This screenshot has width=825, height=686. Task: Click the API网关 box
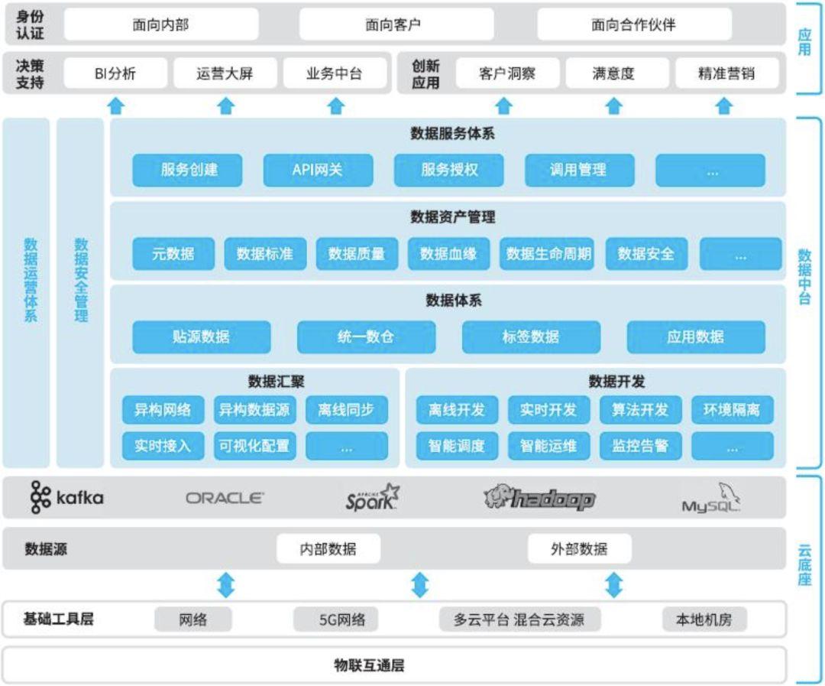click(318, 171)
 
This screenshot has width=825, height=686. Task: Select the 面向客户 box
click(396, 24)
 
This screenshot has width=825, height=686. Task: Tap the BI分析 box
click(115, 73)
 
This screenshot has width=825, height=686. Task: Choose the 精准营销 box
click(726, 73)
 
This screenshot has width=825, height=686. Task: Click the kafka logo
click(66, 497)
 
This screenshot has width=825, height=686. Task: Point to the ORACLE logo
click(225, 498)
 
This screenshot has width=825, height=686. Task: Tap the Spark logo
click(372, 497)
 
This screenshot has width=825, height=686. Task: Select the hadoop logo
click(539, 498)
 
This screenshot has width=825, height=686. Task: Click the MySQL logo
click(711, 498)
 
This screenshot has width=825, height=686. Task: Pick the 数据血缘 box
click(448, 254)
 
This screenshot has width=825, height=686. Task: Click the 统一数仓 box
click(366, 337)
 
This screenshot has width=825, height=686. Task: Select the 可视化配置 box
click(254, 447)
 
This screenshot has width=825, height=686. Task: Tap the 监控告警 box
click(640, 447)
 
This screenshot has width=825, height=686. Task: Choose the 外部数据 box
click(579, 549)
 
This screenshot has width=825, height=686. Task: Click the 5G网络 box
click(342, 619)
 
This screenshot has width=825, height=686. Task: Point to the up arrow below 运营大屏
click(225, 106)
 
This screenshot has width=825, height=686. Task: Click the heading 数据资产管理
click(452, 216)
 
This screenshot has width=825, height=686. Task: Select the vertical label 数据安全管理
click(80, 280)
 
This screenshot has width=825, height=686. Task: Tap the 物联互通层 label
click(370, 665)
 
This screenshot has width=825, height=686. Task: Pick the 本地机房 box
click(704, 619)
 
